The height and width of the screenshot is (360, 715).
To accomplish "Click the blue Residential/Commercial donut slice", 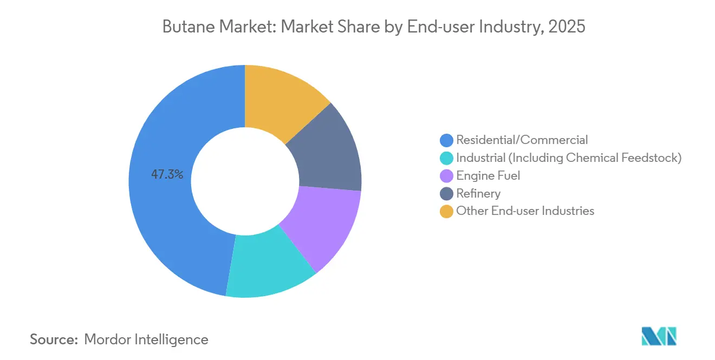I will [x=162, y=217].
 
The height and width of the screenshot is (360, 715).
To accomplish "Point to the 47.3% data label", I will [x=167, y=175].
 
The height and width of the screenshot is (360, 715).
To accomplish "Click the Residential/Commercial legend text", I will [x=522, y=140].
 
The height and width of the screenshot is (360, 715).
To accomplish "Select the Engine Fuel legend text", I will [x=488, y=175].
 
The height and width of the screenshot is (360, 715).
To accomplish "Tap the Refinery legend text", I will [x=478, y=193].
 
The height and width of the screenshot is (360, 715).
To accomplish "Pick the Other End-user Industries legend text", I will [x=525, y=211].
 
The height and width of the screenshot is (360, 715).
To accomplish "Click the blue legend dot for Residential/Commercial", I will [x=446, y=141].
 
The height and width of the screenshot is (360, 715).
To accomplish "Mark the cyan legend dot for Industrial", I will [x=446, y=158].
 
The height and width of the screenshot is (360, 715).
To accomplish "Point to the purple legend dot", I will [x=446, y=176].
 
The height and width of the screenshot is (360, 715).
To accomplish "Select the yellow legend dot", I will [x=446, y=211].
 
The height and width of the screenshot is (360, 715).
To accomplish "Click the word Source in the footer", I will [x=54, y=339].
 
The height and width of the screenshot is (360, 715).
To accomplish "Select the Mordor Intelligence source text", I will [x=146, y=339].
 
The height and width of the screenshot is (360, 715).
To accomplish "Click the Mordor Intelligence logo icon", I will [x=659, y=336].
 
